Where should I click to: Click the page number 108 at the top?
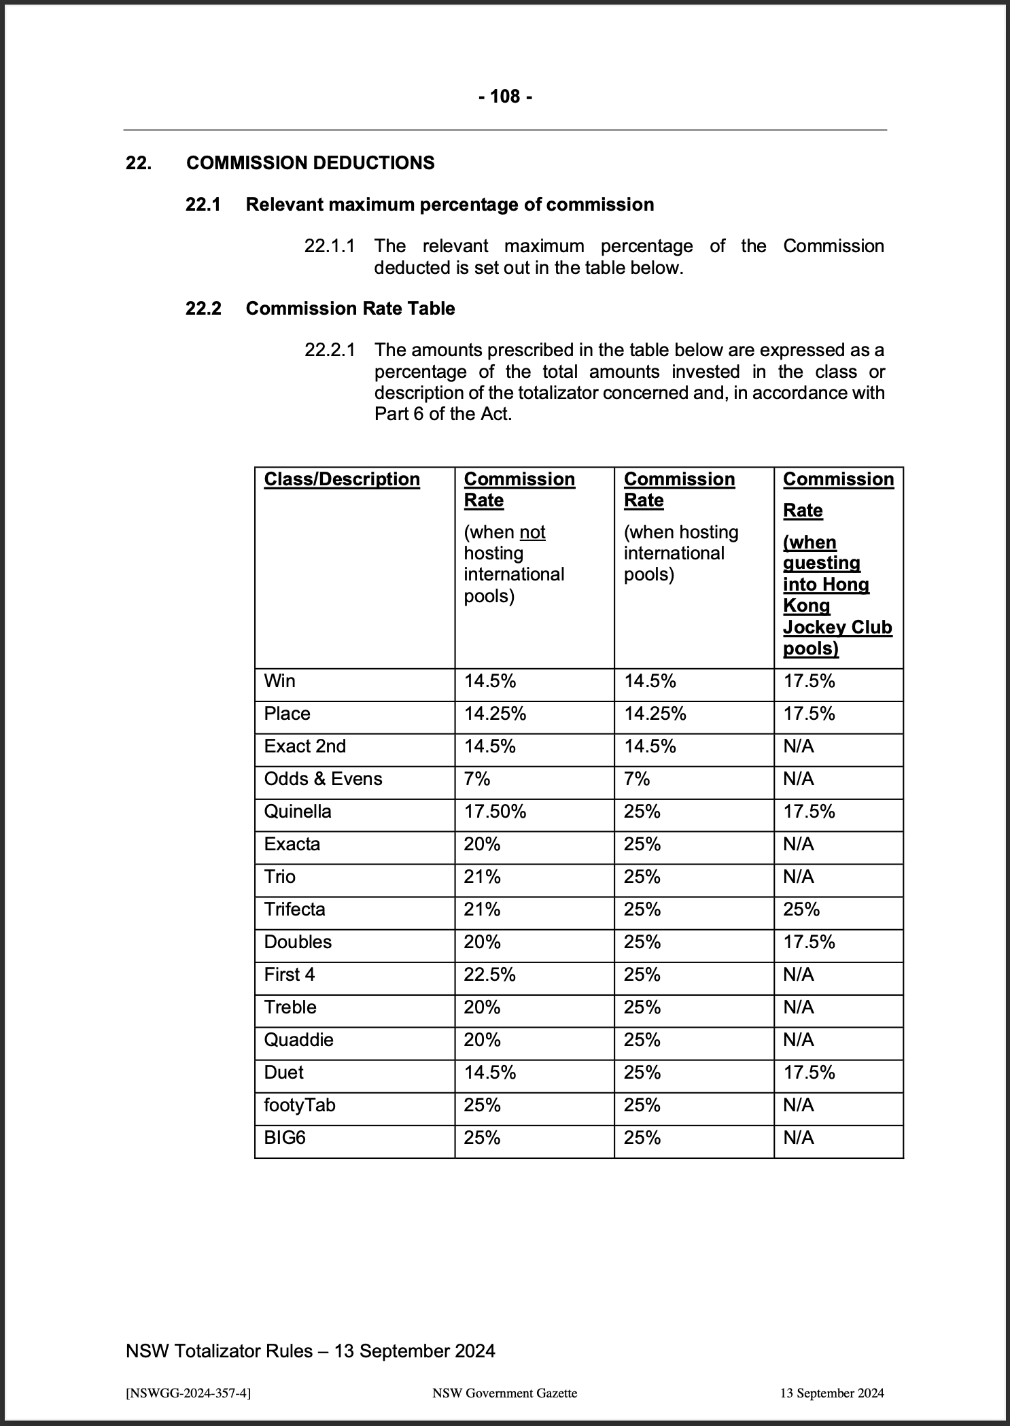(505, 97)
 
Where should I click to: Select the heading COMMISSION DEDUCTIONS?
(310, 163)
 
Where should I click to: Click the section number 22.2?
(203, 309)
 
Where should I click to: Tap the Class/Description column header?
(342, 479)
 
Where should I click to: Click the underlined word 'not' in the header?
(532, 532)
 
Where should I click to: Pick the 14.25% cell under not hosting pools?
(495, 714)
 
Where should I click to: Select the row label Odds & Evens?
(323, 779)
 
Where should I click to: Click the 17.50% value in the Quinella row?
(495, 812)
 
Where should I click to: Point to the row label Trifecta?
(294, 909)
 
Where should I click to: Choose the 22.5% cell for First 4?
(489, 975)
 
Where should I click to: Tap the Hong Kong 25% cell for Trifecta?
(801, 909)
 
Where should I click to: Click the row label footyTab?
(300, 1105)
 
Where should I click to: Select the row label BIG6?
(285, 1138)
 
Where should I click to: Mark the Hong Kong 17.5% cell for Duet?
(809, 1073)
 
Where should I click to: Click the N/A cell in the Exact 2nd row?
(798, 746)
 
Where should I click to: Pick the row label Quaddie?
(298, 1040)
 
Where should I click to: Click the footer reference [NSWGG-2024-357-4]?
(188, 1393)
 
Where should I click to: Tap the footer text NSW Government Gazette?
(504, 1393)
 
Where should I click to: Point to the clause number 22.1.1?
(330, 246)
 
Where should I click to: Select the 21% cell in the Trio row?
(482, 877)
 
